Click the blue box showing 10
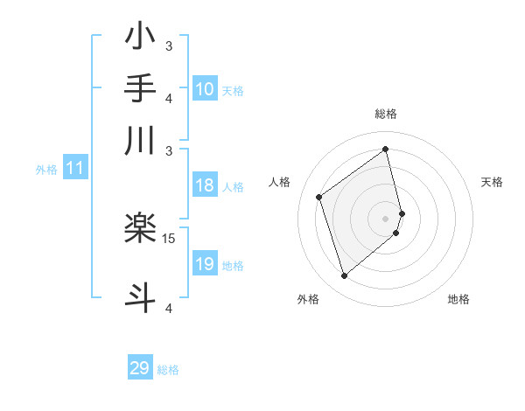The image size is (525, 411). [x=204, y=89]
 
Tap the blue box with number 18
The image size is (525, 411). [x=204, y=185]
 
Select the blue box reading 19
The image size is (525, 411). [x=204, y=264]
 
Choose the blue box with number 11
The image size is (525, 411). [x=74, y=169]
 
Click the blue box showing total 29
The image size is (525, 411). [x=140, y=368]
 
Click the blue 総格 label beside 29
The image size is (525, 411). [x=169, y=370]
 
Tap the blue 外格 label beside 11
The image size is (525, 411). [x=46, y=170]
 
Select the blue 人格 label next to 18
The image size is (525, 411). [x=233, y=186]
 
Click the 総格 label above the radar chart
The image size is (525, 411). [x=386, y=114]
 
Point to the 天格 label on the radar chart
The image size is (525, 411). [x=493, y=182]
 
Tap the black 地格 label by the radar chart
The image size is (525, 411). [x=458, y=299]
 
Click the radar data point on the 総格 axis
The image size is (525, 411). [x=386, y=149]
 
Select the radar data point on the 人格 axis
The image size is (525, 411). [x=319, y=197]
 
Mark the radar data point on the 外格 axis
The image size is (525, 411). [x=344, y=276]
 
